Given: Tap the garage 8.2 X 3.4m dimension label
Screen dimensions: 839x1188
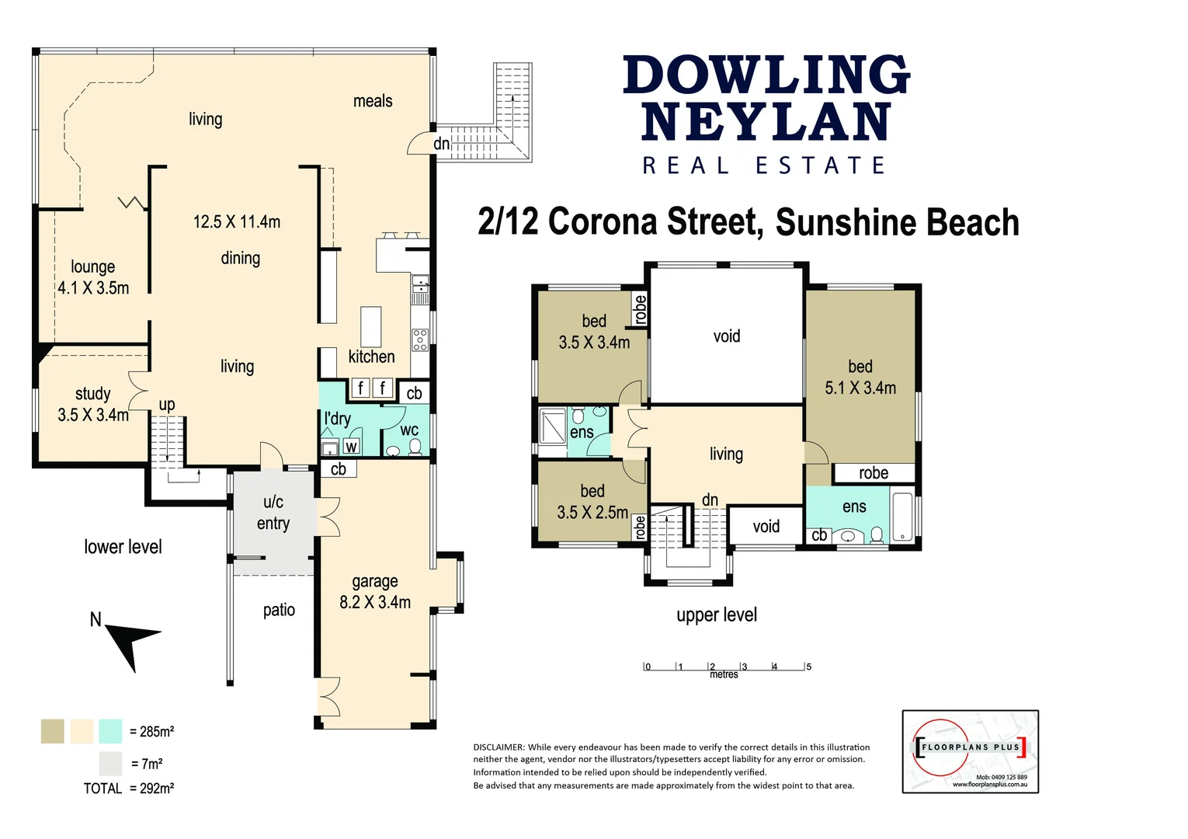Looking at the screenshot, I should click(x=375, y=602).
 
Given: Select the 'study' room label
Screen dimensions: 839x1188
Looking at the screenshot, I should click(x=92, y=394).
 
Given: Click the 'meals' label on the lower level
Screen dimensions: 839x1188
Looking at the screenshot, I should click(x=373, y=101).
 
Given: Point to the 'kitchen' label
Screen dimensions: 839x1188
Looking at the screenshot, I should click(x=371, y=357).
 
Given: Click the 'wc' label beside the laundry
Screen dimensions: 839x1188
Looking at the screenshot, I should click(x=409, y=430).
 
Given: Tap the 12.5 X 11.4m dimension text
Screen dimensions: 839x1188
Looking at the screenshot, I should click(x=237, y=222).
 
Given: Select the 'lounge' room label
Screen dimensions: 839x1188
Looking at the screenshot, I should click(x=92, y=267).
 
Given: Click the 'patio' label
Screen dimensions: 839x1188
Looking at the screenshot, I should click(x=279, y=610).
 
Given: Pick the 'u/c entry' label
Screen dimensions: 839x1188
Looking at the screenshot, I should click(x=273, y=513).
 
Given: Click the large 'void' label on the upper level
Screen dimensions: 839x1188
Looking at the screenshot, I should click(x=727, y=336).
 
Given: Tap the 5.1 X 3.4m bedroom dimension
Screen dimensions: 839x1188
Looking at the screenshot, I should click(x=860, y=388).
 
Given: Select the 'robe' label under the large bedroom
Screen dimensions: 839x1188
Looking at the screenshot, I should click(x=874, y=473).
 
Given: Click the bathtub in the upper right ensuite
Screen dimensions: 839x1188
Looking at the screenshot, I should click(x=902, y=516).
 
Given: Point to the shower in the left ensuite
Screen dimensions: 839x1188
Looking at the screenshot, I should click(x=553, y=426).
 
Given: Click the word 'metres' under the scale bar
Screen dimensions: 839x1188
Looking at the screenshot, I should click(x=724, y=674).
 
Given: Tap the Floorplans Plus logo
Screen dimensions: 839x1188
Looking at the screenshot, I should click(x=970, y=751).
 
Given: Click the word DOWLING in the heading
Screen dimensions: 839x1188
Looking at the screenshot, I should click(x=766, y=75).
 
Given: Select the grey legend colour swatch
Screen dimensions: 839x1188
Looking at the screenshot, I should click(x=110, y=764).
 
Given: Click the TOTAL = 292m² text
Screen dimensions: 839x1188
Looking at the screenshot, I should click(x=129, y=789).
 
